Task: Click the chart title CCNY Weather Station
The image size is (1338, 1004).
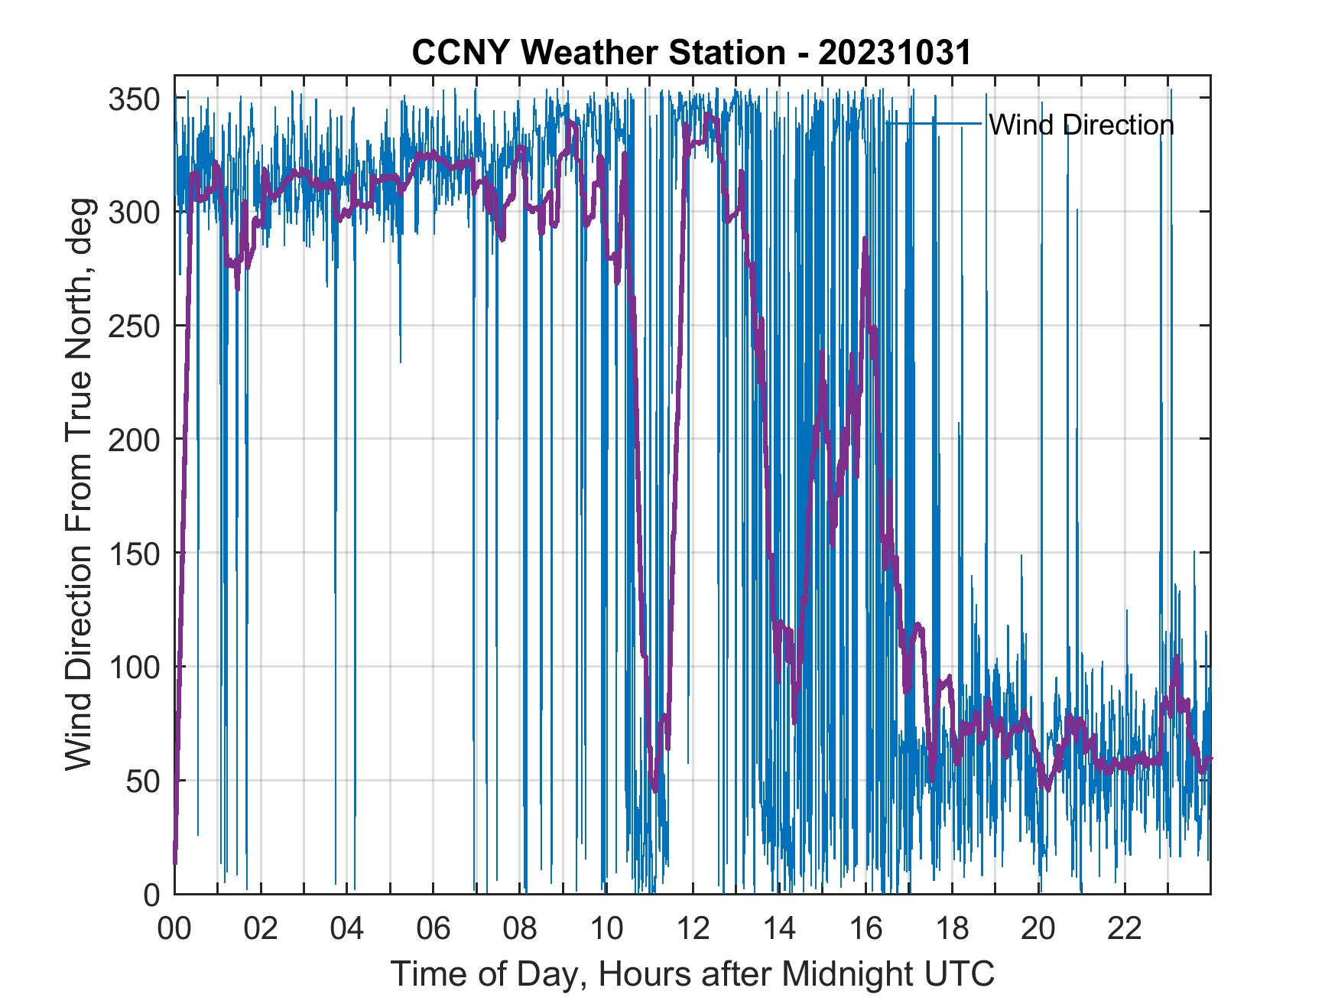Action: coord(691,54)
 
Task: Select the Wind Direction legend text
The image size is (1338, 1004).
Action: coord(1081,125)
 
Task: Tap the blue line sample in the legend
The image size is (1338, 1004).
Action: coord(934,123)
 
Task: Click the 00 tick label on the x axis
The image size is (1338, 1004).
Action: coord(174,931)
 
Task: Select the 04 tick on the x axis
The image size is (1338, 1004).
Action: coord(347,931)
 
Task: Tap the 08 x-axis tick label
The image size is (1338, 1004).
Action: coord(520,931)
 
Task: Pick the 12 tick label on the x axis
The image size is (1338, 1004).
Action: coord(693,931)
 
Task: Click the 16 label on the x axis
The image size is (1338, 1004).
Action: coord(865,931)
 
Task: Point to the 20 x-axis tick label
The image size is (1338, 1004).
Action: coord(1038,931)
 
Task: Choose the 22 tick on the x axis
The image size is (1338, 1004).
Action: coord(1125,931)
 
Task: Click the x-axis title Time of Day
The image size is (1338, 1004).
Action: coord(693,974)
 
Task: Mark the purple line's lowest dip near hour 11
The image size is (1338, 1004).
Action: coord(655,790)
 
